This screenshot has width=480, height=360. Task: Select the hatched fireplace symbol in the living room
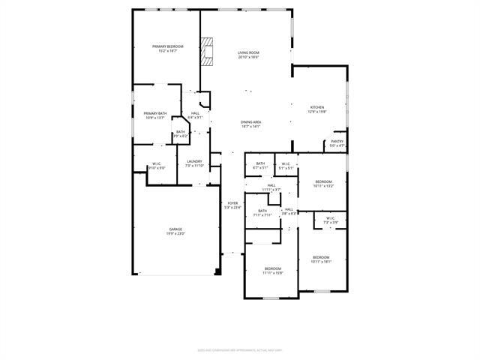tap(207, 47)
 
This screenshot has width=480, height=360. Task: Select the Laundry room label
tap(194, 163)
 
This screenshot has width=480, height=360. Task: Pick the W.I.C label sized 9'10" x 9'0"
tap(157, 166)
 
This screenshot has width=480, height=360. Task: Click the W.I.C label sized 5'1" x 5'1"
tap(286, 166)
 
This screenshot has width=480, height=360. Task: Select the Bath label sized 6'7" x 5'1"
tap(260, 166)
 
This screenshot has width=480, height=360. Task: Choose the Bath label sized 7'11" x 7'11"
tap(262, 213)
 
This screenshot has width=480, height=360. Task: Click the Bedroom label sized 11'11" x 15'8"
tap(272, 271)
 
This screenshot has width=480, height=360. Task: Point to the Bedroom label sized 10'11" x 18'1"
tap(321, 259)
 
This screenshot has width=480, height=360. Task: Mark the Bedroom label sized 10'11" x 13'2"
tap(323, 184)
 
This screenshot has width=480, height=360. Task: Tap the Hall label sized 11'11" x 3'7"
tap(271, 187)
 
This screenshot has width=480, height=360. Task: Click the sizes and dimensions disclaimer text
tap(240, 349)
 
